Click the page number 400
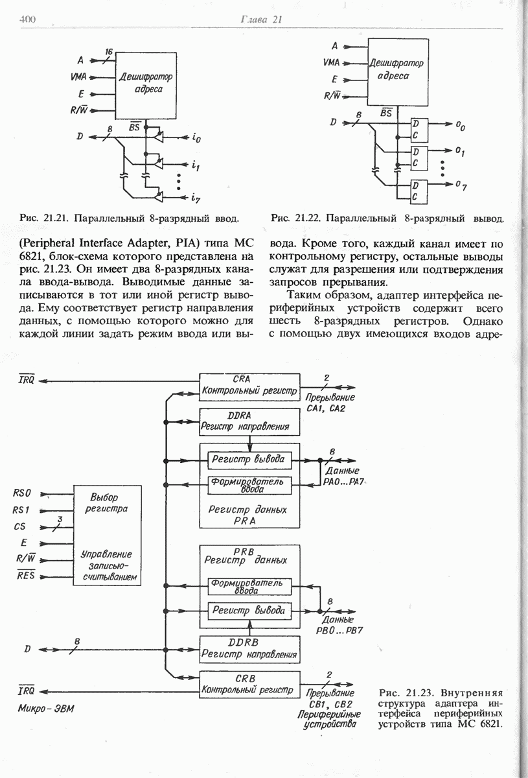(27, 20)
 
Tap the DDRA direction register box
(249, 422)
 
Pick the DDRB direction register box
(249, 649)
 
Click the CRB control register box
(249, 684)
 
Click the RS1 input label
(22, 510)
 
